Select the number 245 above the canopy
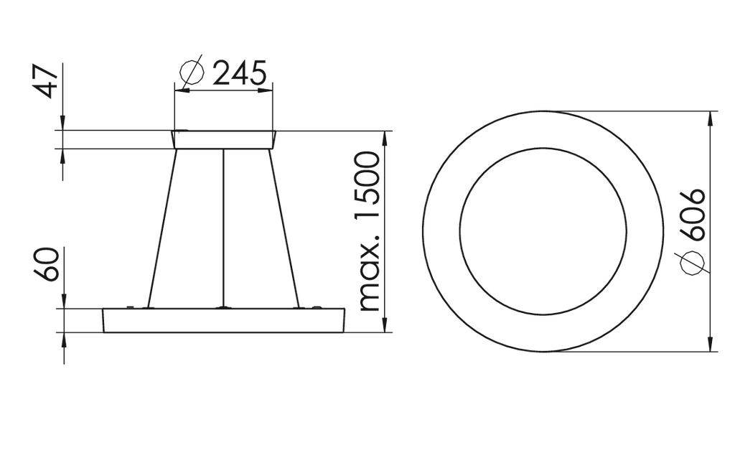[240, 73]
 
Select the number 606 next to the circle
[693, 215]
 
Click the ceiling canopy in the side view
[224, 139]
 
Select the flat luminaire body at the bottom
[224, 321]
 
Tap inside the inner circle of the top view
[543, 231]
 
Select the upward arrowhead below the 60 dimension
[64, 340]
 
